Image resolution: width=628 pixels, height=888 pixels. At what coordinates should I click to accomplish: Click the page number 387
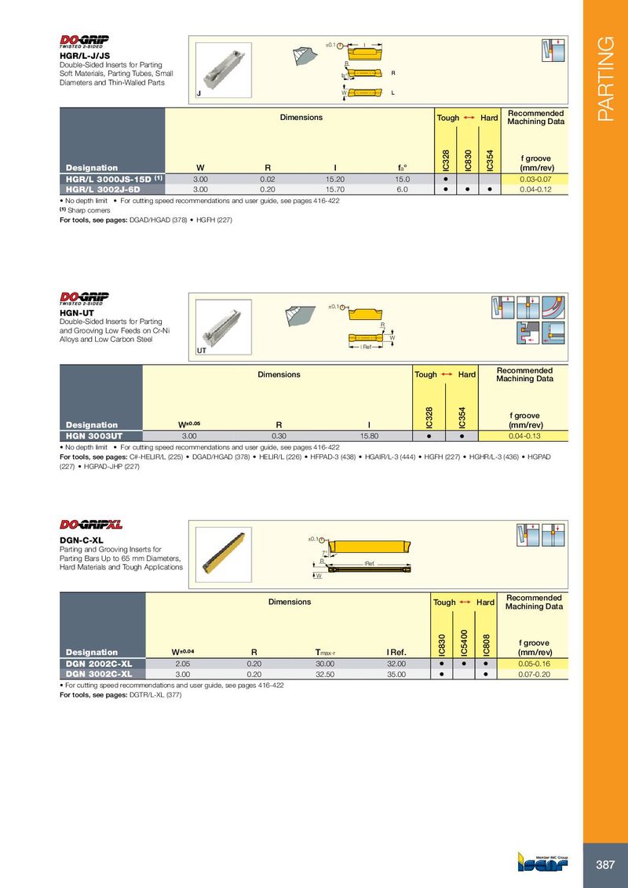[605, 865]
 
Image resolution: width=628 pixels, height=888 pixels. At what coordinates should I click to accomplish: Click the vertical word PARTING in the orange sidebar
[605, 79]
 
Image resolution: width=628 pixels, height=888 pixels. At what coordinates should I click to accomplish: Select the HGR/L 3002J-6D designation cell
[103, 189]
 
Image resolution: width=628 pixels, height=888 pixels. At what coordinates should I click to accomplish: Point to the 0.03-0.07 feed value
[537, 179]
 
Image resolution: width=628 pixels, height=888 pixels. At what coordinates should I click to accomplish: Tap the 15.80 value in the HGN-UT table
[369, 435]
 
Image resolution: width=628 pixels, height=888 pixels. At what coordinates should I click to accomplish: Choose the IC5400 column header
[464, 642]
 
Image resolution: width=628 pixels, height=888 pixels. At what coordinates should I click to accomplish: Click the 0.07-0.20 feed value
[537, 673]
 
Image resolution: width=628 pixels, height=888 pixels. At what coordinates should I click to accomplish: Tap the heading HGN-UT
[76, 311]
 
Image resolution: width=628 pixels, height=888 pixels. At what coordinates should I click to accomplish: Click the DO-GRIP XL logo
[92, 524]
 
